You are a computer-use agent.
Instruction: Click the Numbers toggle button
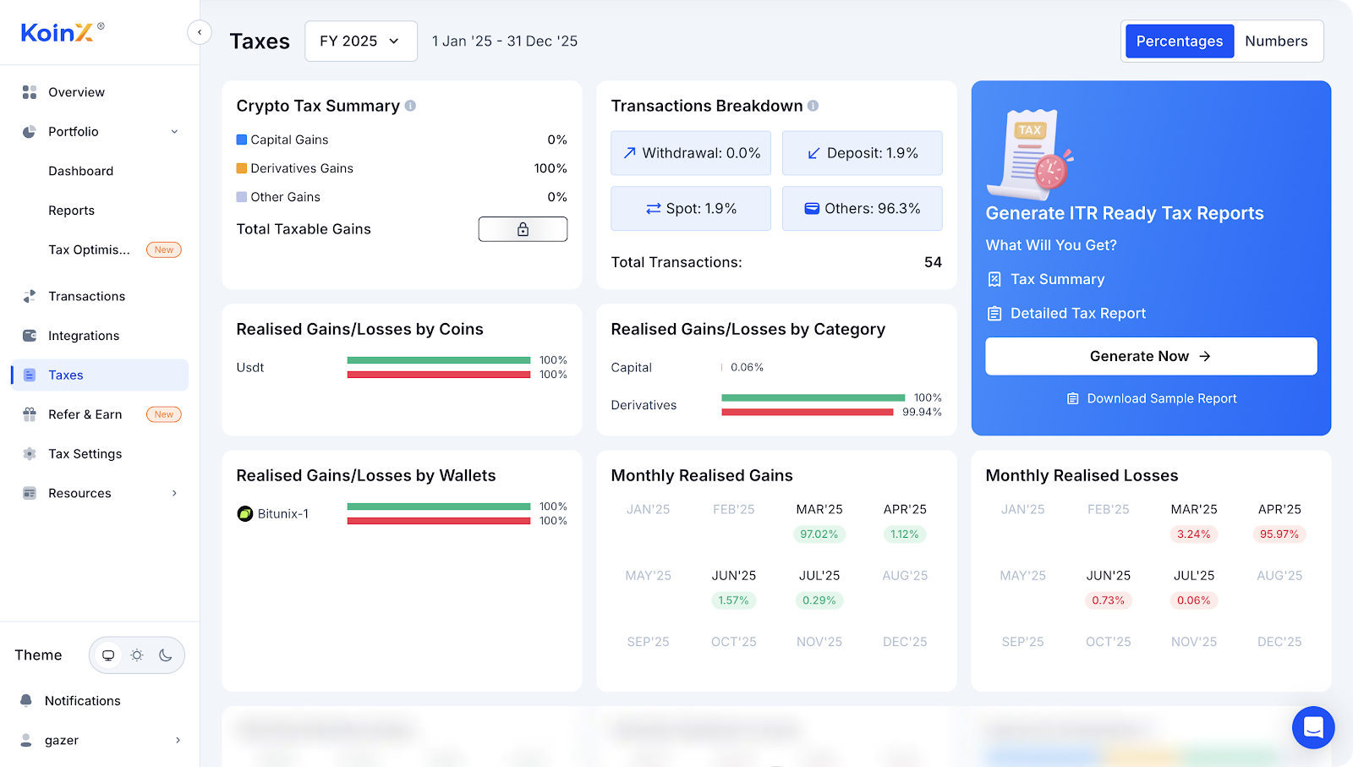coord(1276,41)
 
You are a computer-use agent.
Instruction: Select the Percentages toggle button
coord(1179,41)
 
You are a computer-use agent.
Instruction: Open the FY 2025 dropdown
coord(360,41)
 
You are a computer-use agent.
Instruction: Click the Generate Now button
coord(1150,356)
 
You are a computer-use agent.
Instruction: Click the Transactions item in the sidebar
coord(86,296)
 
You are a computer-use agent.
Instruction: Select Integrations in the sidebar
coord(84,336)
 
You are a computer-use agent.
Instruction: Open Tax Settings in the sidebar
coord(85,454)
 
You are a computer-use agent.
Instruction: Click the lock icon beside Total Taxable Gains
coord(523,229)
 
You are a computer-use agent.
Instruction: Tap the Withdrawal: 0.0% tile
coord(691,153)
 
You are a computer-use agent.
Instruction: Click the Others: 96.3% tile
coord(862,209)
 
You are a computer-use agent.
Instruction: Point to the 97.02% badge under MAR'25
coord(819,534)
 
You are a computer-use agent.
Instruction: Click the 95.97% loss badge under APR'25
coord(1279,534)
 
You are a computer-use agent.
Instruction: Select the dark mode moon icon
coord(166,655)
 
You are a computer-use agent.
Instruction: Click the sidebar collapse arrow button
coord(200,33)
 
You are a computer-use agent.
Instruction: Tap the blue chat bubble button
coord(1312,727)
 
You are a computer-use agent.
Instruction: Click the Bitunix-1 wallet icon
coord(245,513)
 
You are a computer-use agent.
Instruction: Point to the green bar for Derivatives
coord(813,397)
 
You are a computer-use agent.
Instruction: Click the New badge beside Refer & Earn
coord(164,414)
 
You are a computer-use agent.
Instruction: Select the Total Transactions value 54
coord(933,262)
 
